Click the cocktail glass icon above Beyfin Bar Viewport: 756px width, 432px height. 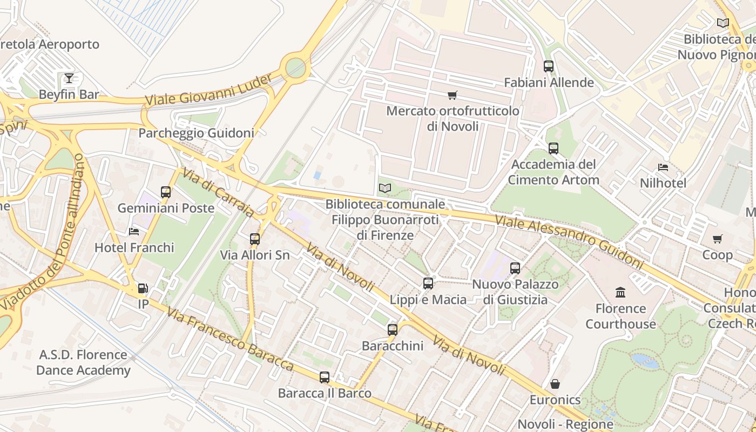point(69,78)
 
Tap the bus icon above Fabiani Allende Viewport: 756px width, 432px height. point(549,66)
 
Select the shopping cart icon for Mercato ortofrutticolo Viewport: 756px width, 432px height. point(453,95)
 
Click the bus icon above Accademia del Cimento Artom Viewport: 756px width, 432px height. point(553,148)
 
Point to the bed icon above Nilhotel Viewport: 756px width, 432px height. point(663,167)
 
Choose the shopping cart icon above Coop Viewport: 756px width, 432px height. point(717,239)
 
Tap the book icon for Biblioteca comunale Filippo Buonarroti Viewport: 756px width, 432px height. point(384,188)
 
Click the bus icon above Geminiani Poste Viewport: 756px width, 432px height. point(166,192)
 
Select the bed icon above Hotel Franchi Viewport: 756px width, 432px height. point(134,232)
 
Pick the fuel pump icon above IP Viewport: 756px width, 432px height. point(143,288)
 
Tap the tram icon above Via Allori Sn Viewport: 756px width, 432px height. point(255,239)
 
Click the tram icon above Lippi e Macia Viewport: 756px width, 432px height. point(428,283)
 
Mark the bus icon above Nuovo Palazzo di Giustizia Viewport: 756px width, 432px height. point(515,268)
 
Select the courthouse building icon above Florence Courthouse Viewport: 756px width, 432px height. point(621,292)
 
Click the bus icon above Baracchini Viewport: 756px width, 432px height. point(393,329)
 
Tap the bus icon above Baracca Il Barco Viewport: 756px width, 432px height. point(325,377)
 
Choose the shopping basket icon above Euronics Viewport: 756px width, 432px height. point(555,384)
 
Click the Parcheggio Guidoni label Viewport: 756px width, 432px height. point(196,133)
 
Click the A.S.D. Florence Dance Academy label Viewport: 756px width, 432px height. point(83,362)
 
